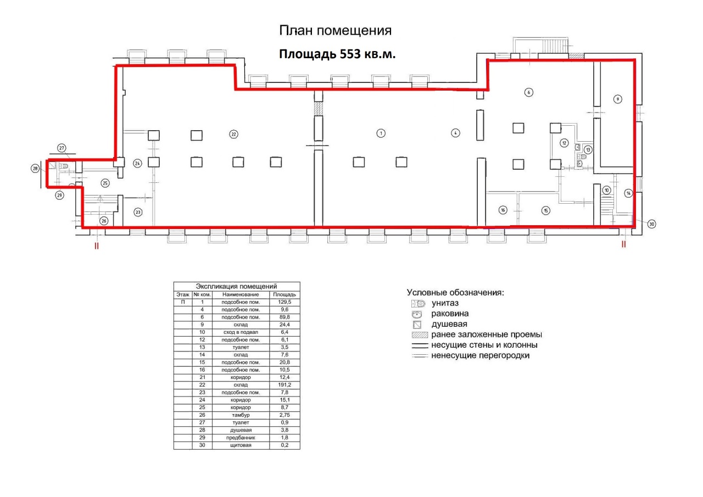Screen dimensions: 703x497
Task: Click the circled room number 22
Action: click(233, 135)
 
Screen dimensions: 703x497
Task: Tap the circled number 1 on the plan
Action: click(381, 133)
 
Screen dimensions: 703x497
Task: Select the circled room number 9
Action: click(618, 99)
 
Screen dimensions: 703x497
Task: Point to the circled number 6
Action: click(529, 92)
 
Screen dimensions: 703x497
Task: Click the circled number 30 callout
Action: click(651, 224)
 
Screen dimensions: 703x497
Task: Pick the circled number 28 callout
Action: click(35, 169)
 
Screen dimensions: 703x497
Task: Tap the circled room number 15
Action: click(546, 210)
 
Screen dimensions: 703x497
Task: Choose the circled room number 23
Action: click(138, 212)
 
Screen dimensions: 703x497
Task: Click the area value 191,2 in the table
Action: click(284, 384)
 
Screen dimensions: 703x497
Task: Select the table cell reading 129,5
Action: click(284, 302)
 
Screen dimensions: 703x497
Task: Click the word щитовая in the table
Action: click(241, 445)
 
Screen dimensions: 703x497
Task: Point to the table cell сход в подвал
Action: click(241, 332)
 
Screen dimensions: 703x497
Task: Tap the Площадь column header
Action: click(284, 294)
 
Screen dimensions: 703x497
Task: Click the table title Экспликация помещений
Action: click(236, 286)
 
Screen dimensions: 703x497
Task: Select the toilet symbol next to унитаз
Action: click(418, 303)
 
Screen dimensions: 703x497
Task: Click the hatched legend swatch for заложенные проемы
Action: click(420, 335)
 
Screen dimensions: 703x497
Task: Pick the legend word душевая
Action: click(449, 324)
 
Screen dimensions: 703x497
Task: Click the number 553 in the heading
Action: click(350, 54)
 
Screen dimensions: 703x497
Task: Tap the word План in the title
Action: click(296, 30)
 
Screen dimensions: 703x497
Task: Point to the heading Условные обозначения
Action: click(455, 292)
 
